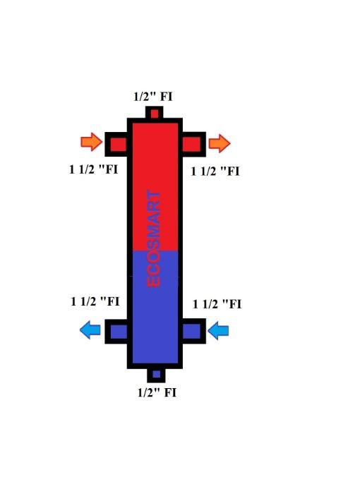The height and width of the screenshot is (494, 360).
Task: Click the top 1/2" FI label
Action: click(153, 97)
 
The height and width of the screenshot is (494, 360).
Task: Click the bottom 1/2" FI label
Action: click(157, 392)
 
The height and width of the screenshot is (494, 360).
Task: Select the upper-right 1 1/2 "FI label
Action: click(216, 170)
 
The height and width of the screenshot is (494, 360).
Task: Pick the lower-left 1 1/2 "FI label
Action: click(95, 301)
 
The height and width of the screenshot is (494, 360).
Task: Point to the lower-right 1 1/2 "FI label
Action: click(217, 304)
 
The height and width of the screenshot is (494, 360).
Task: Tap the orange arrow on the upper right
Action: click(220, 143)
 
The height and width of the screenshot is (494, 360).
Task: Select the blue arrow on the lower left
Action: click(90, 329)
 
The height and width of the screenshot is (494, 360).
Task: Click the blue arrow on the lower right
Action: click(219, 330)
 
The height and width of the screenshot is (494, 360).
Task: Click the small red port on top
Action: click(155, 114)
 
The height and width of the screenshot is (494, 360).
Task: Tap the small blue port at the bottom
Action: click(156, 375)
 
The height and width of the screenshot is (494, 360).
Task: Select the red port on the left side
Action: click(118, 145)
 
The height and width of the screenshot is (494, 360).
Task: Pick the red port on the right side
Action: click(192, 145)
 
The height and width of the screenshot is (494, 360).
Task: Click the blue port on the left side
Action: click(118, 331)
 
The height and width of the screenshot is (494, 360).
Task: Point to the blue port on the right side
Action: click(192, 331)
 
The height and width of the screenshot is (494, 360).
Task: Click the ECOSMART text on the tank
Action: click(155, 238)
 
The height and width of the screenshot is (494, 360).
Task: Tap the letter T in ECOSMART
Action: click(155, 195)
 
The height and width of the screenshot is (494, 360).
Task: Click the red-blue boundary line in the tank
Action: click(155, 251)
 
